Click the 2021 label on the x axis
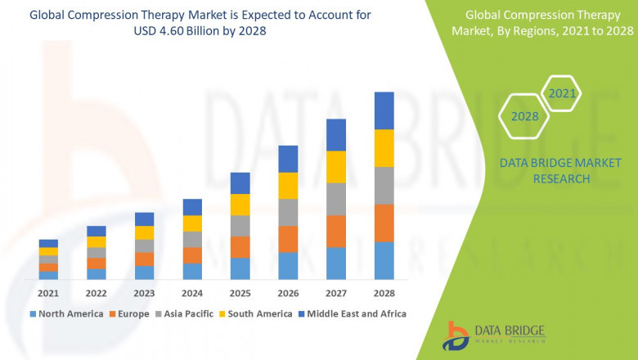point(48,293)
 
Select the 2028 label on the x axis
point(384,293)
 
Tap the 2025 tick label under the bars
point(240,293)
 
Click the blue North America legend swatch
point(33,313)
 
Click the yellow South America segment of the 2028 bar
point(384,148)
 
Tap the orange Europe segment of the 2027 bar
point(336,232)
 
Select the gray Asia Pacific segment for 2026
point(288,212)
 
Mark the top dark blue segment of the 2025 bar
point(240,182)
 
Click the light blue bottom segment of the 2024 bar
point(192,272)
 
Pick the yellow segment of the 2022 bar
point(97,241)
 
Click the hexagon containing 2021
point(562,94)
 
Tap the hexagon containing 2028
point(524,116)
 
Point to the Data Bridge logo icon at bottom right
point(456,335)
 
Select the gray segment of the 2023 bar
point(144,245)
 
